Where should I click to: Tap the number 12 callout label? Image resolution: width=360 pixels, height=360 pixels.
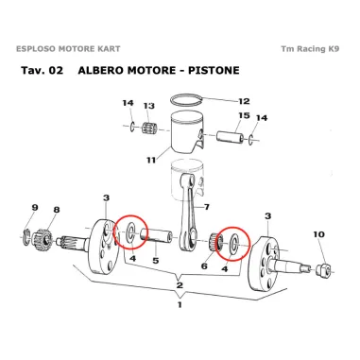coord(244,101)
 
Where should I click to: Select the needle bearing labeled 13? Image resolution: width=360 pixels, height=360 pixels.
coord(149,129)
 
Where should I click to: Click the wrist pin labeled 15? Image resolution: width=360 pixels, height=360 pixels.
coord(231,137)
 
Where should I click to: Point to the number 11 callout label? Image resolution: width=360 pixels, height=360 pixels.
coord(151,160)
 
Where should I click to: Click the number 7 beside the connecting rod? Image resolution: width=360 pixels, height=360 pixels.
coord(206,207)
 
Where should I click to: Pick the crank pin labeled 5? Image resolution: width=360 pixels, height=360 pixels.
coord(157,237)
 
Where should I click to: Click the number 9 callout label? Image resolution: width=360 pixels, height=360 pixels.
coord(35,208)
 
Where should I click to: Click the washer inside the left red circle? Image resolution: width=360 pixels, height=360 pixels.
coord(130,233)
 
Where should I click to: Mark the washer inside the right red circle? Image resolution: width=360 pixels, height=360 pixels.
coord(234,243)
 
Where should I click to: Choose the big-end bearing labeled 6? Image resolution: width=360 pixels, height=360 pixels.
coord(215,243)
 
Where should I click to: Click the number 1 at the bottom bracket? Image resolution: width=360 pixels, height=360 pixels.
coord(180,305)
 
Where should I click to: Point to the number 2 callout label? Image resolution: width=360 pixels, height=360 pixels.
coord(180,285)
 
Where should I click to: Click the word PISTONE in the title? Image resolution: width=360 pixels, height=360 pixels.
coord(214,70)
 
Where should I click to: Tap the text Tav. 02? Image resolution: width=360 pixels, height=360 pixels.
coord(43,70)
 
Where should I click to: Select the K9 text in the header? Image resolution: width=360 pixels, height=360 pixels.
coord(334,49)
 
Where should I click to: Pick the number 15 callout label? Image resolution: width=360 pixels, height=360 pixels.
coord(244,116)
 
